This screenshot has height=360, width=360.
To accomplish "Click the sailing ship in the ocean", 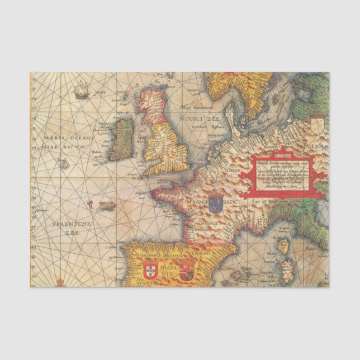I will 82,88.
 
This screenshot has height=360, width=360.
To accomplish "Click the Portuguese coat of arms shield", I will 150,272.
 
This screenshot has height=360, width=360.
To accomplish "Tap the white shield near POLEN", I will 317,123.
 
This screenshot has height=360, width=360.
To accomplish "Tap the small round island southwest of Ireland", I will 64,164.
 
